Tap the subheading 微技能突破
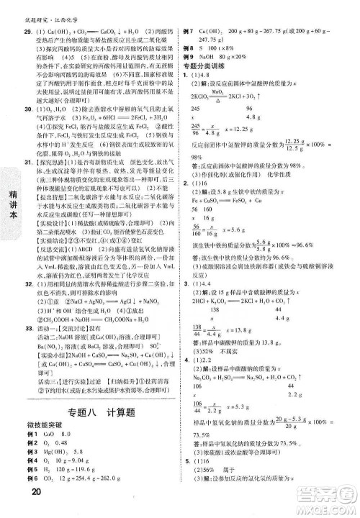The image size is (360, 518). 44,428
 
